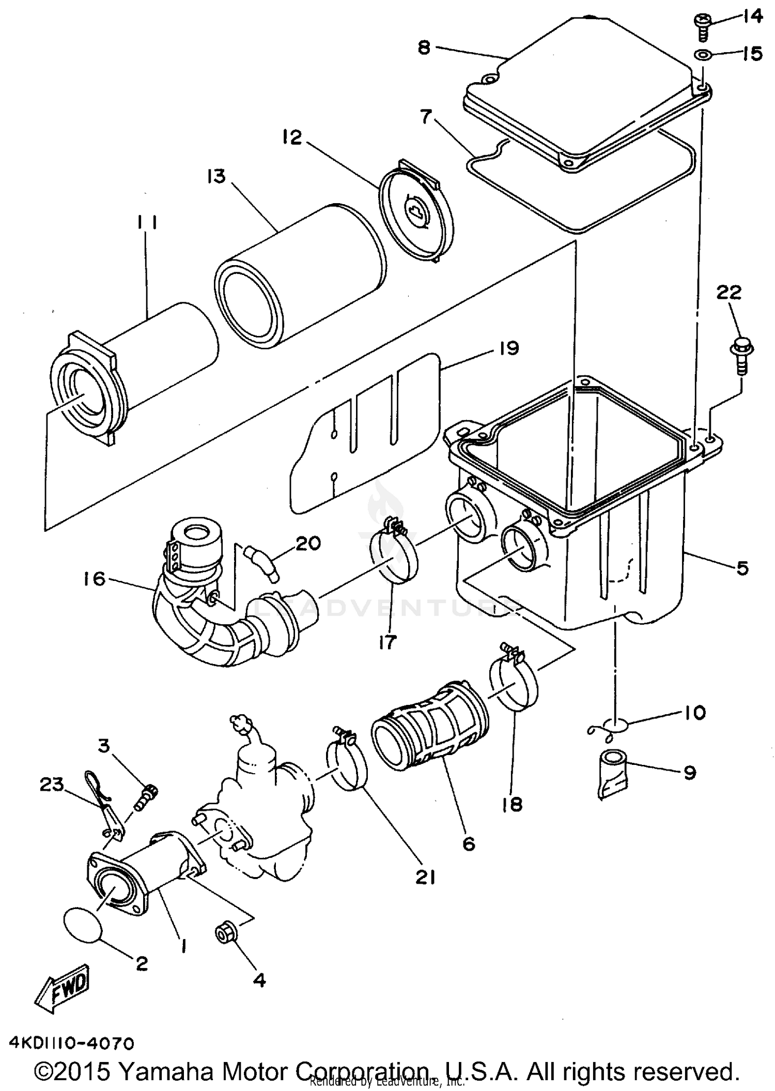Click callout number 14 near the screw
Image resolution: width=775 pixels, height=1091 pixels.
pos(752,17)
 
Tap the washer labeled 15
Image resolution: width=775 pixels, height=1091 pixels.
pos(702,55)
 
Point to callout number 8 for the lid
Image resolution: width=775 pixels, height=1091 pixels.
pos(424,48)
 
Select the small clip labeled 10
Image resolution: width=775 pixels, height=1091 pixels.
pos(610,727)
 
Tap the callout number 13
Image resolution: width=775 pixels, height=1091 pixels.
pos(216,176)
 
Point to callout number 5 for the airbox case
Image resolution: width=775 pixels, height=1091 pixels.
pos(742,568)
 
